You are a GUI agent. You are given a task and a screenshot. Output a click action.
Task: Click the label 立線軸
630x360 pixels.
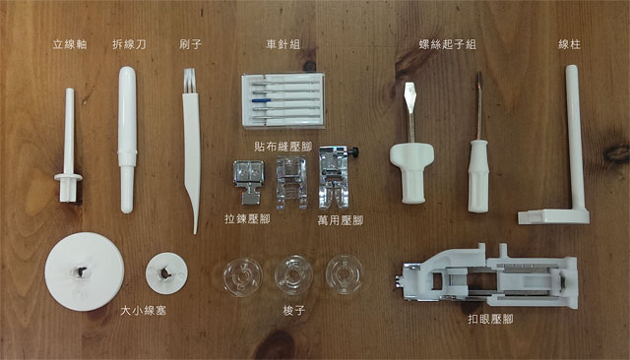[70, 44]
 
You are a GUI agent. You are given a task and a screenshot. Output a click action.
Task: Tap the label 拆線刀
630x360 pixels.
[129, 44]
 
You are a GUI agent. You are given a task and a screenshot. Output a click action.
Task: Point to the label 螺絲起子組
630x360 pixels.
[447, 44]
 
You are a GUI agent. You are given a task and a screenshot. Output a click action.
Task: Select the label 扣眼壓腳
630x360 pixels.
[490, 319]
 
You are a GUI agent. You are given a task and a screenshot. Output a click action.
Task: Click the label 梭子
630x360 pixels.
[293, 310]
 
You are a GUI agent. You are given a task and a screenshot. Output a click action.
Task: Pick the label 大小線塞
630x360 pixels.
[143, 310]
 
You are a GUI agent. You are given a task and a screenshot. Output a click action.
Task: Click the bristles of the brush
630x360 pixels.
[189, 81]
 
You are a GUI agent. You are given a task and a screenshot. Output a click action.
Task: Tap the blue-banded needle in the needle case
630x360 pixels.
[283, 99]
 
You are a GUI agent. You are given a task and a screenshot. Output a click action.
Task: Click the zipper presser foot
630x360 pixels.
[249, 181]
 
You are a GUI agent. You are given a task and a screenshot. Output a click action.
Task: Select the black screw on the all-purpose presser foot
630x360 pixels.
[354, 152]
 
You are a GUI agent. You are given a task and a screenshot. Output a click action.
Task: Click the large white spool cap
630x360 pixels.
[84, 270]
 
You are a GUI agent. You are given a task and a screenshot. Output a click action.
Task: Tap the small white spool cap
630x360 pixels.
[166, 272]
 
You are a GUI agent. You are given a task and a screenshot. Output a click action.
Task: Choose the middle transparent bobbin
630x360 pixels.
[293, 275]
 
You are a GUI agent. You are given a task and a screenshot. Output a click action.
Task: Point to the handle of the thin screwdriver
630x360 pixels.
[478, 176]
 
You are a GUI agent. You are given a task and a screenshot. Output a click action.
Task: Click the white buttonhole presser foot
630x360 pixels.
[490, 276]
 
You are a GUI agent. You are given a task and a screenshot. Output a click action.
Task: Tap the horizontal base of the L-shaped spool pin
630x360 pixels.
[553, 216]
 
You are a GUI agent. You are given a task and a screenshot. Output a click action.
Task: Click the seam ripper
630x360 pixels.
[127, 140]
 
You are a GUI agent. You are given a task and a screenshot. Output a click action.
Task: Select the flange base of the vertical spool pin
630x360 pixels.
[68, 177]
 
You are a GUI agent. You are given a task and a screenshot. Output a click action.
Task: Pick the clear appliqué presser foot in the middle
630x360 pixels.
[291, 183]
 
